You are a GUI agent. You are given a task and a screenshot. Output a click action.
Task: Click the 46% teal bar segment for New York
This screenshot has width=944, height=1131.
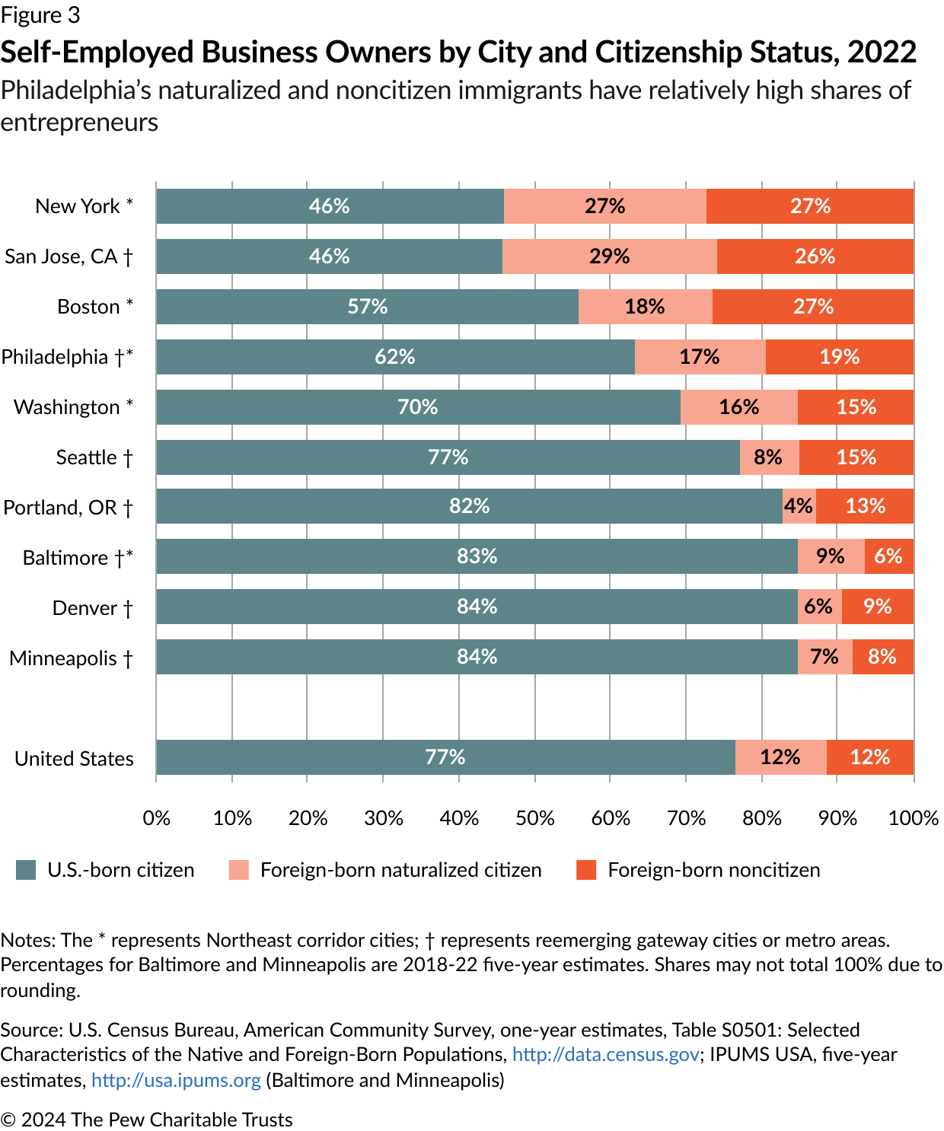tap(330, 206)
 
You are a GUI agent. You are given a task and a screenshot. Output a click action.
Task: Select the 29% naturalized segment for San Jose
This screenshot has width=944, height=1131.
tap(609, 256)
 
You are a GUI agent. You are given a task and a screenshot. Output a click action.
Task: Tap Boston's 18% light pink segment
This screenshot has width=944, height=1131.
tap(645, 307)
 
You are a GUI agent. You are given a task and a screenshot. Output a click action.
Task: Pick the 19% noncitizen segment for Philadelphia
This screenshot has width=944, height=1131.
tap(839, 357)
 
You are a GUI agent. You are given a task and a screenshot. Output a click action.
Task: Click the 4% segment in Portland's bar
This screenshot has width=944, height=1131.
tap(799, 506)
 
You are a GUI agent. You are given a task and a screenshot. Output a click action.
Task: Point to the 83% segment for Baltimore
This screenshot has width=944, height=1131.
tap(477, 556)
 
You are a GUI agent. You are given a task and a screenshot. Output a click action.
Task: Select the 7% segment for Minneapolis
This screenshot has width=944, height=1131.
tap(824, 657)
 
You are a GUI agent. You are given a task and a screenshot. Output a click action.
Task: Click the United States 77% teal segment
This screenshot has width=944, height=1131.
tap(445, 757)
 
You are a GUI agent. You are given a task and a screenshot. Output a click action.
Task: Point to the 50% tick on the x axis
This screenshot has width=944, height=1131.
tap(534, 818)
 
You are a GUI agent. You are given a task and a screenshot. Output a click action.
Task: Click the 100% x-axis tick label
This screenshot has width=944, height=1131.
tap(913, 818)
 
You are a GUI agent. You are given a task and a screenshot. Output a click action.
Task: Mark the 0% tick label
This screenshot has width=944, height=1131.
tap(157, 818)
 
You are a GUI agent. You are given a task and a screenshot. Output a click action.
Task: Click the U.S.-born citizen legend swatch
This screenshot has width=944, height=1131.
tap(26, 870)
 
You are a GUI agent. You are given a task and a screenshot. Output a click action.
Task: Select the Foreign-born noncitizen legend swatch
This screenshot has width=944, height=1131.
tap(586, 870)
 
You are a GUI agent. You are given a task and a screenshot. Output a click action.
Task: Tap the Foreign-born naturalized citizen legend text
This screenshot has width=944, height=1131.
tap(400, 870)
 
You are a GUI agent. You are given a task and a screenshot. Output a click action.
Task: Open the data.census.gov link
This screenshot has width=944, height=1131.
tap(605, 1054)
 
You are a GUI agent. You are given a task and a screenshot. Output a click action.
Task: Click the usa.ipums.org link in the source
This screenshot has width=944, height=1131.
tap(176, 1080)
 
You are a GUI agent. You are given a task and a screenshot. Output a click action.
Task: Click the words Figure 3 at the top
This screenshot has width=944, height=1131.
tap(40, 15)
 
